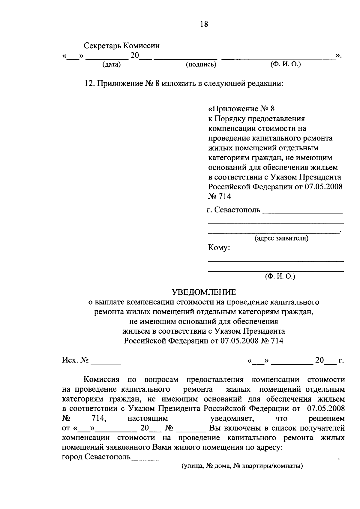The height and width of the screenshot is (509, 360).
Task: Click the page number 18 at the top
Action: [204, 24]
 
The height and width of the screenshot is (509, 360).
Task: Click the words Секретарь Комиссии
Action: [121, 46]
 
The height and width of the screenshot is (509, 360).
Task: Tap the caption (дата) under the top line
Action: [111, 65]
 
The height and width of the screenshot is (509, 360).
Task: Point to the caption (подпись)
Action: [201, 65]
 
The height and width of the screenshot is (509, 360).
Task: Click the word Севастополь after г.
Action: [237, 209]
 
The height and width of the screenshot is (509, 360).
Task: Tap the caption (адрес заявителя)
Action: [281, 239]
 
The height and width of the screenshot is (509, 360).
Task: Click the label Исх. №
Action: [75, 360]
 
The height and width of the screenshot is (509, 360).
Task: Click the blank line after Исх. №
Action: [106, 363]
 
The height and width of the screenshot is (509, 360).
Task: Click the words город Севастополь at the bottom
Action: [96, 457]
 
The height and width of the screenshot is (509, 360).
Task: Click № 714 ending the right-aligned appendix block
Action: [220, 197]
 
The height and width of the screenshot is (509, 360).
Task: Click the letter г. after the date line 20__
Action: [340, 360]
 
